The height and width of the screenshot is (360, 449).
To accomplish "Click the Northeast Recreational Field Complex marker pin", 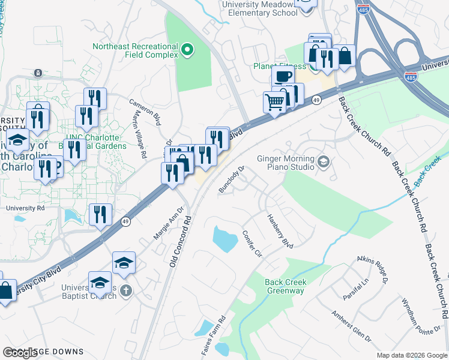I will (187, 50).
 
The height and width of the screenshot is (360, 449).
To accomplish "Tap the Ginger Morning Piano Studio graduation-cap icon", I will (324, 161).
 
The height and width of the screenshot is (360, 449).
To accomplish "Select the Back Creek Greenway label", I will (285, 286).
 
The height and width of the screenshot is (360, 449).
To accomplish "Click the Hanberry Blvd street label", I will (280, 231).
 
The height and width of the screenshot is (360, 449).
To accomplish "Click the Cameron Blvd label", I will (146, 112).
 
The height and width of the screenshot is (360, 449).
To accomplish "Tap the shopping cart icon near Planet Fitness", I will (275, 101).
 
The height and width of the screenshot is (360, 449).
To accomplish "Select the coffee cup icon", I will (283, 76).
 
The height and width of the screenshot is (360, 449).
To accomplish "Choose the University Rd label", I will (25, 208).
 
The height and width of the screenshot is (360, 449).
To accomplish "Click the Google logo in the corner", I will (20, 353).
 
